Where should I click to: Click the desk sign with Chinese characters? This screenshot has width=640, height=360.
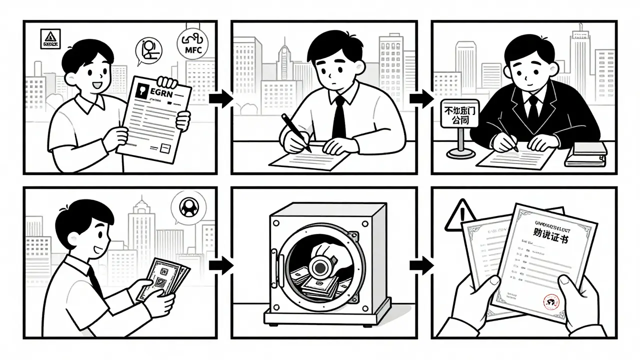tap(456, 113)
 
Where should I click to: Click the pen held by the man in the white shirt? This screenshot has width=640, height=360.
tap(295, 132)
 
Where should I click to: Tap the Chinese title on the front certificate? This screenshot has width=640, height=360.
tap(547, 238)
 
